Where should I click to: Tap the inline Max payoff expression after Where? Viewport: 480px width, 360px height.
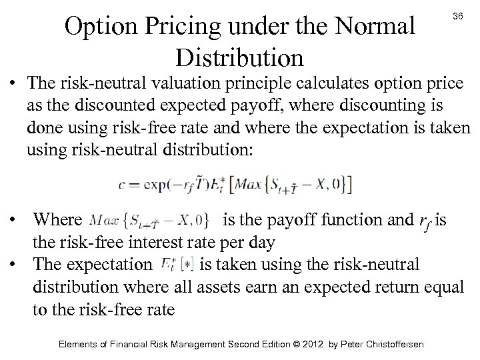(150, 219)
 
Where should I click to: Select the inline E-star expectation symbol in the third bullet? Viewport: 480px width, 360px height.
(176, 265)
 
